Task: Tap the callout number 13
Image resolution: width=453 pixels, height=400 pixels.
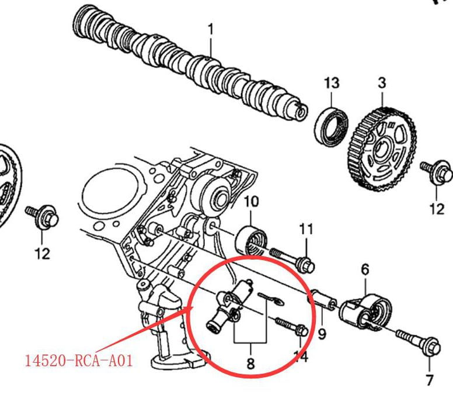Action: click(332, 83)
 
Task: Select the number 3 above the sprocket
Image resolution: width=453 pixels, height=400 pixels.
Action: click(382, 83)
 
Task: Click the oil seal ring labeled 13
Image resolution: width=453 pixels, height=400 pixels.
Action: click(333, 125)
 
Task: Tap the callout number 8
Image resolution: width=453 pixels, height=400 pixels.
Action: click(250, 364)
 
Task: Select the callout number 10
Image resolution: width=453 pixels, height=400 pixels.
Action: click(250, 202)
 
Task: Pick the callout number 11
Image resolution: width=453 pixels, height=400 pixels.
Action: click(306, 229)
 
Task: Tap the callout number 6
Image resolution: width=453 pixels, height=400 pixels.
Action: click(365, 269)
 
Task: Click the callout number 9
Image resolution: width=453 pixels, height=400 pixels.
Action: click(322, 334)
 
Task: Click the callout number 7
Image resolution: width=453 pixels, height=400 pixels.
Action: click(430, 381)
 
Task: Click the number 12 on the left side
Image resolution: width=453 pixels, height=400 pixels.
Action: click(42, 254)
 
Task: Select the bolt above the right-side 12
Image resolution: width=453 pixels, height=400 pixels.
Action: click(438, 171)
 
